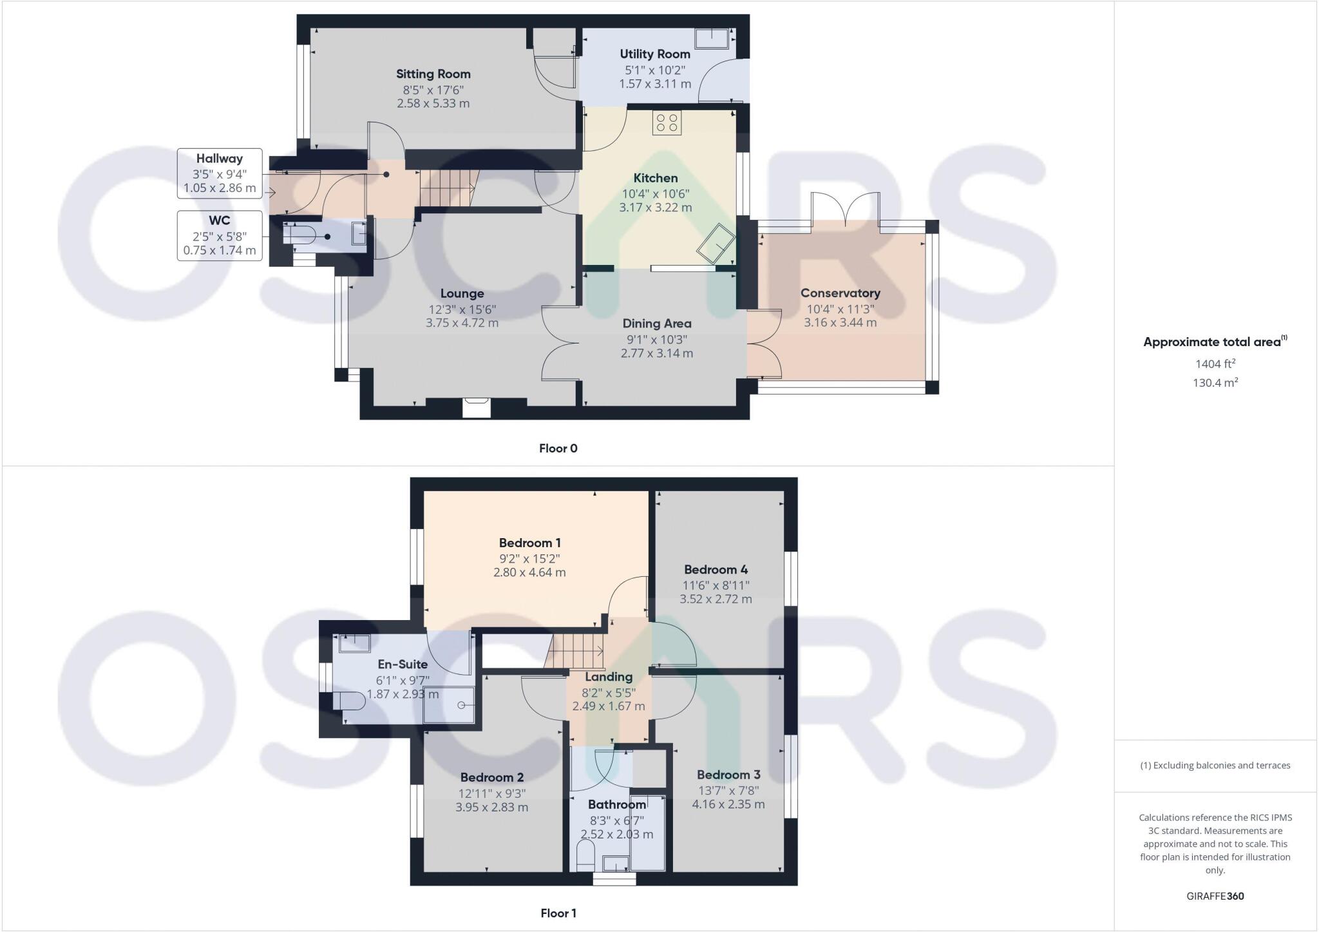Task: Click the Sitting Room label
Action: click(433, 74)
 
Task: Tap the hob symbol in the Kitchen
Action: click(667, 123)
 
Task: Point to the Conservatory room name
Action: click(840, 293)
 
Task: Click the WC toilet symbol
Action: click(299, 235)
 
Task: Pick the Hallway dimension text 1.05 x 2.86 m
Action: click(220, 189)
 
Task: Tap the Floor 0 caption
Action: click(558, 449)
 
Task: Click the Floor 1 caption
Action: click(558, 913)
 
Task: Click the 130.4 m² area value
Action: click(1215, 383)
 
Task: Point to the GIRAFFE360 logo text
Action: click(1215, 896)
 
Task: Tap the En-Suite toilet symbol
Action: click(348, 701)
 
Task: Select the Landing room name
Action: click(608, 677)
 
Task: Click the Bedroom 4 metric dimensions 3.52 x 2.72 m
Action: click(716, 599)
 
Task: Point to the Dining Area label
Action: click(656, 324)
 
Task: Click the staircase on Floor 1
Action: click(576, 651)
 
